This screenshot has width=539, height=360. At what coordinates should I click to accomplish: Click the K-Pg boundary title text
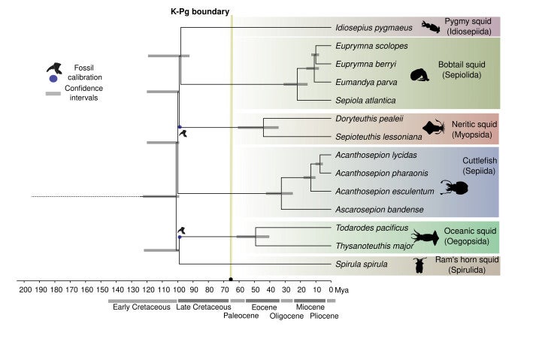[200, 12]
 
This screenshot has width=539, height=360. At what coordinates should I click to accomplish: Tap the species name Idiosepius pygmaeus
[374, 28]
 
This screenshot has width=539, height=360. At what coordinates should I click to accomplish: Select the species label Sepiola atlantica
[365, 100]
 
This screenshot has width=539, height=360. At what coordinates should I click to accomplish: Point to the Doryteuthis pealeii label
[369, 119]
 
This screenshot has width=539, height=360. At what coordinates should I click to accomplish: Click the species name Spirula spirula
[362, 264]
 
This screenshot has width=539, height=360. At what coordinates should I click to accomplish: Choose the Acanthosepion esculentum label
[385, 192]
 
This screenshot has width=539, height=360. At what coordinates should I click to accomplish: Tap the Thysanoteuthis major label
[374, 246]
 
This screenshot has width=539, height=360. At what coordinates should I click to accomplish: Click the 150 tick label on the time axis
[102, 290]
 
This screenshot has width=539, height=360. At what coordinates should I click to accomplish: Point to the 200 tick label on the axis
[25, 290]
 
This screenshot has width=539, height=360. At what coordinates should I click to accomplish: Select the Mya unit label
[342, 290]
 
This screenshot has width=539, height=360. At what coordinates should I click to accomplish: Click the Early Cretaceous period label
[141, 307]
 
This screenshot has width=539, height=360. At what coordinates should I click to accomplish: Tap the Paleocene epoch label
[241, 316]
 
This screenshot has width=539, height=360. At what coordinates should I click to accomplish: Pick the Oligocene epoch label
[286, 316]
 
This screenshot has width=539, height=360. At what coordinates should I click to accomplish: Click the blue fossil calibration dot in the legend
[53, 79]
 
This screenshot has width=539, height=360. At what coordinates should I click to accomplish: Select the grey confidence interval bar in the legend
[53, 93]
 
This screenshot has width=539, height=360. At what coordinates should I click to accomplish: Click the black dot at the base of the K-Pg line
[231, 280]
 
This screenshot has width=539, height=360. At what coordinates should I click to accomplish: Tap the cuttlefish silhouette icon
[455, 188]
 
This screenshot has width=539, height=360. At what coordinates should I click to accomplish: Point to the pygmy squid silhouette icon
[431, 27]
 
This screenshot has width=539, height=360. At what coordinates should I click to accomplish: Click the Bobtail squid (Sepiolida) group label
[462, 70]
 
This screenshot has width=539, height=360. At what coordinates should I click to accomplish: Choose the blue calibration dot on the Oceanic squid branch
[180, 237]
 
